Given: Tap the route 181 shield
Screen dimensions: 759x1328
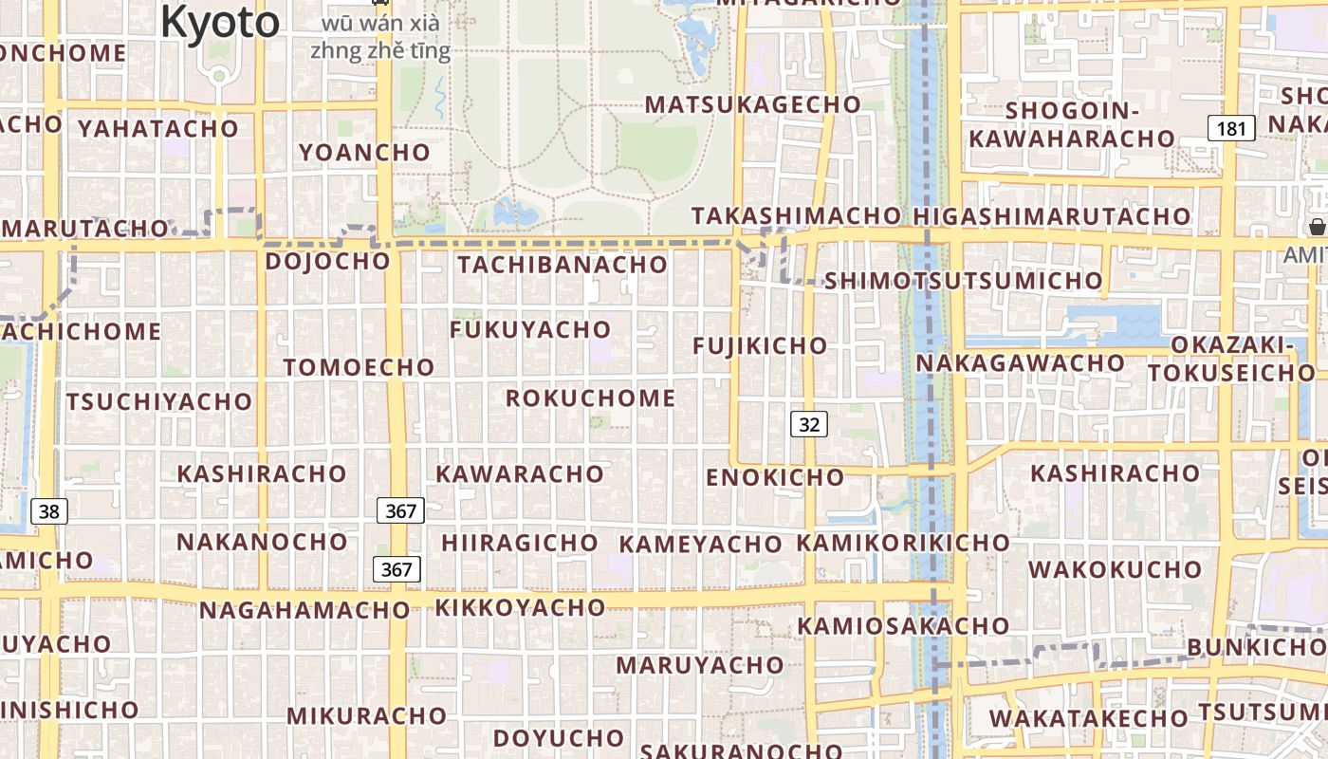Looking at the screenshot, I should (1230, 128).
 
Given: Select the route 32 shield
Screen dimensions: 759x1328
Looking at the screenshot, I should (808, 424).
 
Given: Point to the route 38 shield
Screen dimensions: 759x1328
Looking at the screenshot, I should (48, 512).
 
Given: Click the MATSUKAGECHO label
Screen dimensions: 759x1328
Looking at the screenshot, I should (752, 104).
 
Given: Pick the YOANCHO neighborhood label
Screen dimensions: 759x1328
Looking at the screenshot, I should (364, 152).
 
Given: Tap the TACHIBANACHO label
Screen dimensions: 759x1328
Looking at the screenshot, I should (563, 265).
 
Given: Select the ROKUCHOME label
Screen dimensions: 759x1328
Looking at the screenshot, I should (590, 398).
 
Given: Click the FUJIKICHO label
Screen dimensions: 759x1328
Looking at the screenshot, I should (760, 346).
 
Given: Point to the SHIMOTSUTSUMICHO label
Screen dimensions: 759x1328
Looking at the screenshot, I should (963, 281).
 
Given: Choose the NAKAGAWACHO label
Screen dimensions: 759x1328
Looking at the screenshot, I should (1020, 363).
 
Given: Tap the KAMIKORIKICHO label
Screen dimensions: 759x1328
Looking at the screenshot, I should (903, 543).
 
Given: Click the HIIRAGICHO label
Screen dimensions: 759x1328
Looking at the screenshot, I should (520, 544).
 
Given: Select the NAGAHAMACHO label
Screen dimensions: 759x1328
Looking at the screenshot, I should (304, 610).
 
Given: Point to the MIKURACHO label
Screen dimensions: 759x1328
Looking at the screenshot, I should (366, 715).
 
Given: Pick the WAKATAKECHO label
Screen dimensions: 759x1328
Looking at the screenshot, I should (1089, 718).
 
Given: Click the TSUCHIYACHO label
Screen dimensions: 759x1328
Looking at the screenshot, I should (159, 402).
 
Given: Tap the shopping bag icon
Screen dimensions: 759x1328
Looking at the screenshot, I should (1317, 227).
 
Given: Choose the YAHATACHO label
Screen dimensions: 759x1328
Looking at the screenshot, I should (158, 128).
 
